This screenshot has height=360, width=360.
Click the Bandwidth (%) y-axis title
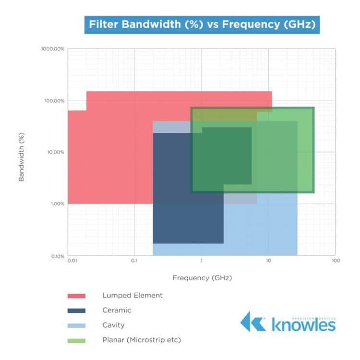click(x=22, y=152)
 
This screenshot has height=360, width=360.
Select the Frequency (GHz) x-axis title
click(x=202, y=277)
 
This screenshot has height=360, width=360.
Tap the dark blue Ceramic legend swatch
click(x=76, y=311)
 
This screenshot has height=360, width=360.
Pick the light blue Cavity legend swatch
click(x=76, y=325)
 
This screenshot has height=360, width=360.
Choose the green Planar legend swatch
click(x=76, y=340)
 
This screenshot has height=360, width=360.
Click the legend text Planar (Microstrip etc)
click(x=141, y=340)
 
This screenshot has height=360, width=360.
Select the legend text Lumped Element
click(x=132, y=295)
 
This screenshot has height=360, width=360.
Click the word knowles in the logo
click(x=303, y=324)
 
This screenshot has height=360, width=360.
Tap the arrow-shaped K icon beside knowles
click(x=252, y=322)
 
